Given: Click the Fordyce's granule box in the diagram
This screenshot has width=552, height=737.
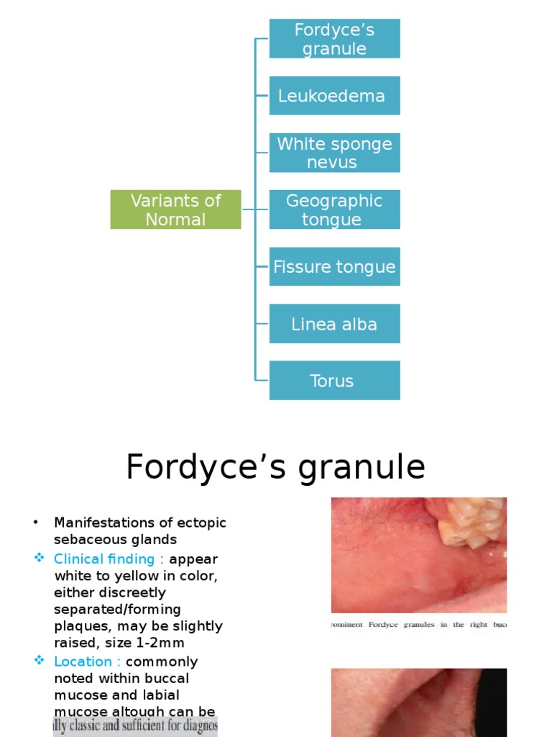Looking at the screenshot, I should pos(334,39).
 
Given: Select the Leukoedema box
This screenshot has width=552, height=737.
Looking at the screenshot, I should pos(334,96).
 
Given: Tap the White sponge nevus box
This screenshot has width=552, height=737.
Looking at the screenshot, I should pos(334,153).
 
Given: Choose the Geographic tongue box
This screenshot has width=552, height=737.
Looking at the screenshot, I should pos(334,209).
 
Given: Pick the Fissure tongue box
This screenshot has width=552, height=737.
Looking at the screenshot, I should pos(334,266).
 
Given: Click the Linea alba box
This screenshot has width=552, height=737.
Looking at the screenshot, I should pos(334,324).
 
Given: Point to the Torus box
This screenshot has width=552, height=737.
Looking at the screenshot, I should pos(334,381).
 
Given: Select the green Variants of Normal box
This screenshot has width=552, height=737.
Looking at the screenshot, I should pos(175,209).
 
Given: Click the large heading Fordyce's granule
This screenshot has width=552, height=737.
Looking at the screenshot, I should pos(275,467).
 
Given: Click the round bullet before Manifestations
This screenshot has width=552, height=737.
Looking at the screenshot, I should pos(35,523).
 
